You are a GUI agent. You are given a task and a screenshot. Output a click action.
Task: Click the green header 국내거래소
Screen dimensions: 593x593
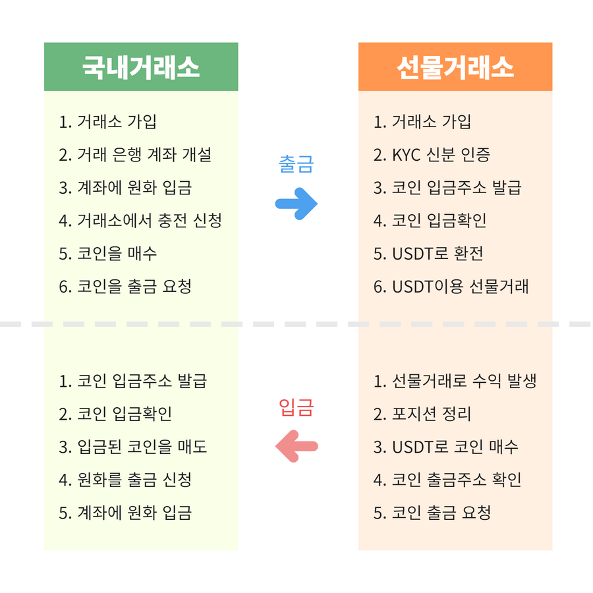pos(140,67)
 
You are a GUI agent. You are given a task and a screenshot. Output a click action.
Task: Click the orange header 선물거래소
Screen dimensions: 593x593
pos(455,67)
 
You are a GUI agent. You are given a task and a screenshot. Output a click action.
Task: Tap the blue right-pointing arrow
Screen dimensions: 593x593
pos(296,203)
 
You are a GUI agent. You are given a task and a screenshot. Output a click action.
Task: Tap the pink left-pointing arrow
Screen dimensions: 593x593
pos(296,446)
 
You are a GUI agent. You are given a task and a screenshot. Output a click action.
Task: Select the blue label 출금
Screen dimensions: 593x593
pos(296,164)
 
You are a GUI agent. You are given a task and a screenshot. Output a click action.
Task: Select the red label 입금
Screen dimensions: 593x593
pos(296,407)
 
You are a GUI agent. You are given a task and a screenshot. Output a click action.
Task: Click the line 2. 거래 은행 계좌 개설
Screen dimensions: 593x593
pos(135,155)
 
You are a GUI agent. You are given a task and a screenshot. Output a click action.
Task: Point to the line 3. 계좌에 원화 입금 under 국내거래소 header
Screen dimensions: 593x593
pos(125,188)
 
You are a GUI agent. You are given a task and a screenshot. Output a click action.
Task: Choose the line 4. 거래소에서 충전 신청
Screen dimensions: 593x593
pos(140,221)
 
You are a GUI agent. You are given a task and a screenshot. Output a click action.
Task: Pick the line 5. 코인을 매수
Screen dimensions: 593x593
pos(108,254)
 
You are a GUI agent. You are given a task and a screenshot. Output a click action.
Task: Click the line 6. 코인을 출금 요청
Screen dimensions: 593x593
pos(125,287)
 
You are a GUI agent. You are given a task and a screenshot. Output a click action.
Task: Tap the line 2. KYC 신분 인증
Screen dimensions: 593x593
pos(432,155)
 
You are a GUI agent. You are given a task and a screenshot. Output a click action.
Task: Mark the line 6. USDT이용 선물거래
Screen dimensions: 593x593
pos(451,287)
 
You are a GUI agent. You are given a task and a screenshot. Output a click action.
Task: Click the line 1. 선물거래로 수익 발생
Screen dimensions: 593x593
pos(455,381)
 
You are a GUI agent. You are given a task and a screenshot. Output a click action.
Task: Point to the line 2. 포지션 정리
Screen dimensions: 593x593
pos(422,414)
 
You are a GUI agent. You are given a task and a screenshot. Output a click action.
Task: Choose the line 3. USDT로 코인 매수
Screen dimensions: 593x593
pos(446,447)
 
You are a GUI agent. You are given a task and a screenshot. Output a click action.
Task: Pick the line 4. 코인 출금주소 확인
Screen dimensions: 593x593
pos(447,480)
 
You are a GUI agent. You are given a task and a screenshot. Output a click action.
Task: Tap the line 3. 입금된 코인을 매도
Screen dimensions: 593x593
pos(133,447)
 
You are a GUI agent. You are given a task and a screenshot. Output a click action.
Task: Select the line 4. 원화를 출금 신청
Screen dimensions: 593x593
pos(125,480)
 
